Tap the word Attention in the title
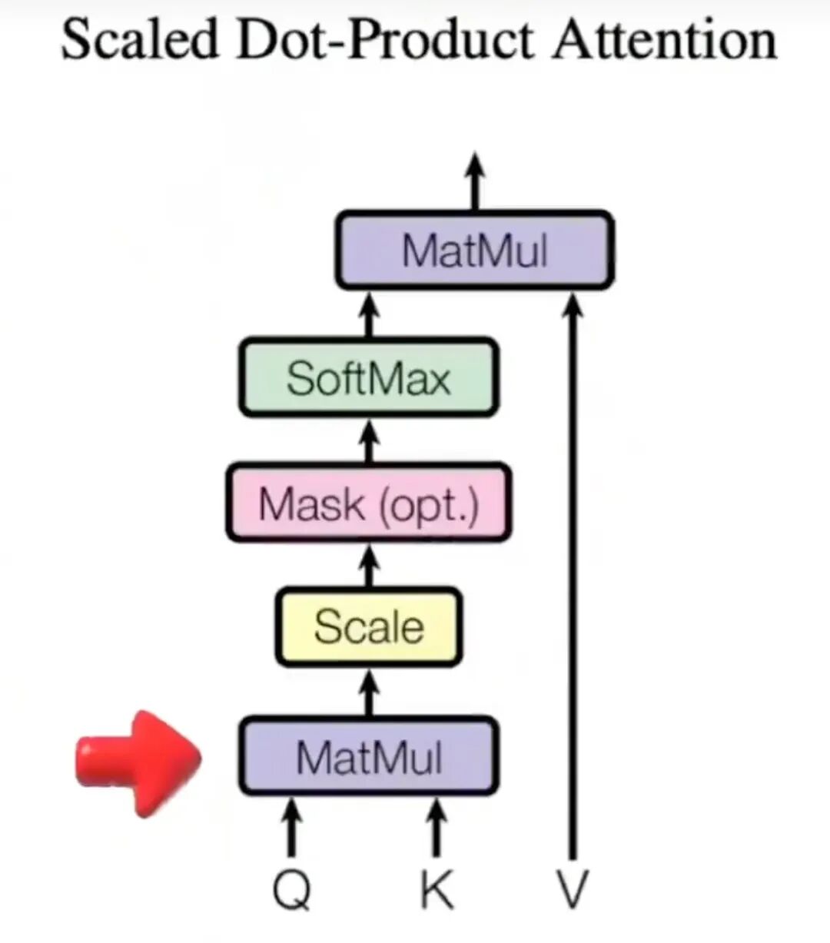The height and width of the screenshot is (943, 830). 664,39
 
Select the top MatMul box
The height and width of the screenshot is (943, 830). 474,251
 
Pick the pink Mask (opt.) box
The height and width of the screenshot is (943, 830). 368,504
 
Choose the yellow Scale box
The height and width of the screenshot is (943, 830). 368,626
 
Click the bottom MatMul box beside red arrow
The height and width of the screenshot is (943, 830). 368,756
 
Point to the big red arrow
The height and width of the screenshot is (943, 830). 138,761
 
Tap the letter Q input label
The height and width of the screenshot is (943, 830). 292,891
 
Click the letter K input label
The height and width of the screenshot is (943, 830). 436,891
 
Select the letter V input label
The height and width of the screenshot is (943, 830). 572,891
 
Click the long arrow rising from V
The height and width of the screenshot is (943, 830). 572,576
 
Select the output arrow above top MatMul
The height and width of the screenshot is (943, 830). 476,181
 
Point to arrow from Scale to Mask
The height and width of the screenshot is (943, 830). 370,565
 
